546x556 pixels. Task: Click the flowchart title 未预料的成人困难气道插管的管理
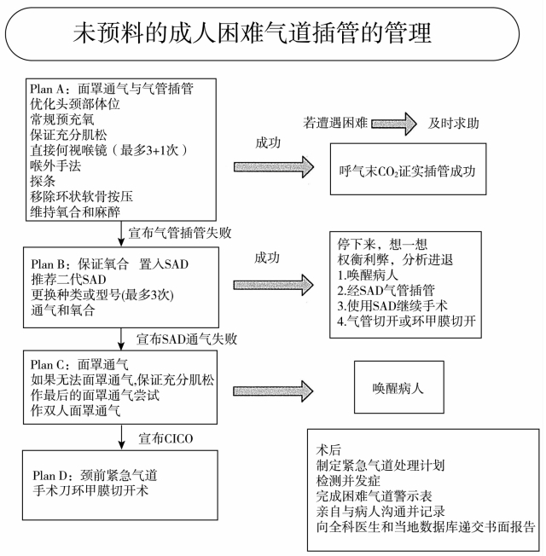click(253, 33)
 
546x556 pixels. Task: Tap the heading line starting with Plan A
click(112, 89)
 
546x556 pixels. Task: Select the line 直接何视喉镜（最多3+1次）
click(108, 150)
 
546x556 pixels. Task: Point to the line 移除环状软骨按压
click(82, 196)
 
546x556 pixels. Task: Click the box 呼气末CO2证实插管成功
click(408, 169)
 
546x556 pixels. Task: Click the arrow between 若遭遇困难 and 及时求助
click(394, 124)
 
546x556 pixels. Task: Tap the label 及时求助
click(453, 123)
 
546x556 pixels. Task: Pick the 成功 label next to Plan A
click(268, 142)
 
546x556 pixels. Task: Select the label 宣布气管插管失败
click(179, 233)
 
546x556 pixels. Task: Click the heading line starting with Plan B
click(109, 264)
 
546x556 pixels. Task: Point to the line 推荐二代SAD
click(68, 280)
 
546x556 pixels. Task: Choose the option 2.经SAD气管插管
click(386, 291)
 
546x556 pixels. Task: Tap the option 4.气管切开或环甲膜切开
click(407, 321)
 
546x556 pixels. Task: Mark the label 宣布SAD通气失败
click(187, 339)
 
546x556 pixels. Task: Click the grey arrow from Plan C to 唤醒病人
click(273, 391)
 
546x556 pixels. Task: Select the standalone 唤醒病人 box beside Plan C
click(399, 387)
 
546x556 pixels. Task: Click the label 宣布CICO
click(166, 438)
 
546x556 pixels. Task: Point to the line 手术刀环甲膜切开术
click(90, 490)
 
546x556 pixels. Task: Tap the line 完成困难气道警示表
click(374, 496)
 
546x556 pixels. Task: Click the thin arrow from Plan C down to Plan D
click(122, 437)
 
